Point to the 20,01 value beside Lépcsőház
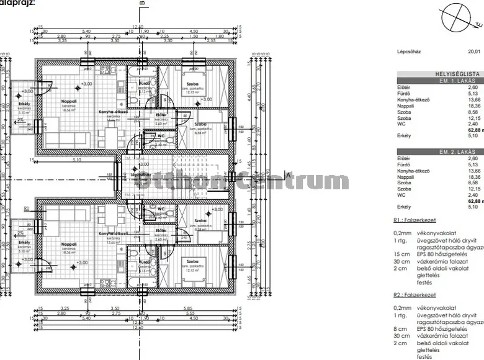tap(474, 53)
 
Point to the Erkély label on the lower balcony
tap(24, 242)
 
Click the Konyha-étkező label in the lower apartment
tap(112, 233)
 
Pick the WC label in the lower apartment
tap(161, 209)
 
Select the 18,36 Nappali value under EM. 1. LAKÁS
tap(473, 106)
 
